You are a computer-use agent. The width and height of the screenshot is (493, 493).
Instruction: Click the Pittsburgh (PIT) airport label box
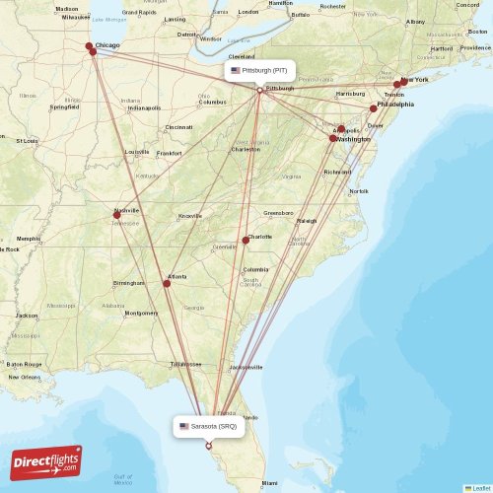click(x=259, y=71)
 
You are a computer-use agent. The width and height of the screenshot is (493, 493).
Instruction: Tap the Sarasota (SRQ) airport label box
click(x=208, y=427)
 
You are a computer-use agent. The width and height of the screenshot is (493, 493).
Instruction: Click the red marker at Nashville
click(x=117, y=215)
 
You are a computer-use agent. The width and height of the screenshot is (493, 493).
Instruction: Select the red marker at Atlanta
click(x=167, y=283)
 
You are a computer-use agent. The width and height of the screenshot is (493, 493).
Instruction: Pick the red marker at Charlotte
click(x=246, y=241)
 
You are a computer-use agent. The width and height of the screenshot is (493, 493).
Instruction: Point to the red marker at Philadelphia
click(x=374, y=108)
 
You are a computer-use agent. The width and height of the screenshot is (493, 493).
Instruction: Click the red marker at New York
click(x=398, y=85)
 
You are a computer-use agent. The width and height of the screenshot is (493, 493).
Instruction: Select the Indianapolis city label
click(x=143, y=107)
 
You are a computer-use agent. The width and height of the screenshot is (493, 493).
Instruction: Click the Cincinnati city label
click(x=179, y=127)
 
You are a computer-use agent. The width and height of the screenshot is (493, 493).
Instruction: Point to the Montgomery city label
click(x=141, y=313)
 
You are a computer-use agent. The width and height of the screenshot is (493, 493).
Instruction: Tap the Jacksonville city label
click(x=246, y=367)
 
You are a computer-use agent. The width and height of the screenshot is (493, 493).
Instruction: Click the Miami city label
click(x=269, y=482)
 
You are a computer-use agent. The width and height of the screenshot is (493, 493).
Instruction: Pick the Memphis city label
click(x=29, y=238)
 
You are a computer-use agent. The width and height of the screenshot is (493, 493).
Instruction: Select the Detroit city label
click(x=187, y=35)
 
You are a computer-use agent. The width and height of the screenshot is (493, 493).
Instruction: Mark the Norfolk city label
click(x=359, y=190)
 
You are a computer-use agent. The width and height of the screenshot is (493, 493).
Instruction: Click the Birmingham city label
click(x=128, y=283)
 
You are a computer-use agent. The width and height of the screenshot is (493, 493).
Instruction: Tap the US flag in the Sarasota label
click(x=184, y=427)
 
